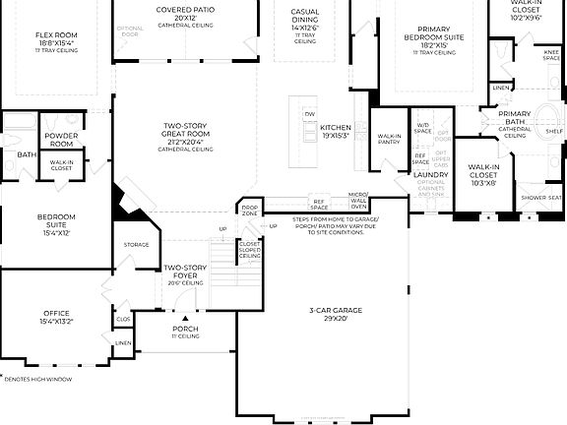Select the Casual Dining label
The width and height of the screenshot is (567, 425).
(305, 18)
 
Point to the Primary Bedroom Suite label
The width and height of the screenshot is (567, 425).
(427, 34)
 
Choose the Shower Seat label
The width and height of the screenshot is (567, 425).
(540, 198)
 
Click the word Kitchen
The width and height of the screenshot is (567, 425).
(335, 128)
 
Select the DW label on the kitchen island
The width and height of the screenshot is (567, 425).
(310, 112)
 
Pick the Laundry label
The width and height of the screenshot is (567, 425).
(431, 175)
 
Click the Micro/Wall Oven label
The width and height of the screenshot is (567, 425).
(357, 201)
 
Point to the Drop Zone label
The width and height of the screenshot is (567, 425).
(250, 211)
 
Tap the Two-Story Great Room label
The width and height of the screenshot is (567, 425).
(185, 131)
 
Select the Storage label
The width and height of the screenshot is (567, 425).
(136, 244)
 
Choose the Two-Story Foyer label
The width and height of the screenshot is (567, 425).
(185, 271)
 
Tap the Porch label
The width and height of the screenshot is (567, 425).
(185, 328)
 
